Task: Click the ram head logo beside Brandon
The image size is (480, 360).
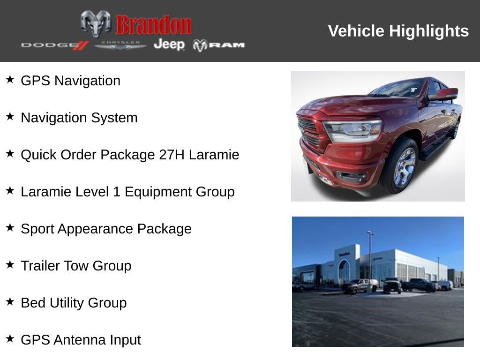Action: (x=96, y=23)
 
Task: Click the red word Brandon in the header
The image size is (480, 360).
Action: (x=154, y=25)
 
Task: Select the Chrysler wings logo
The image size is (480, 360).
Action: (x=120, y=45)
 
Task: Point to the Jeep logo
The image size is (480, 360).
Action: (x=169, y=45)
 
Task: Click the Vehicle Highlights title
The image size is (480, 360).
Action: (x=398, y=31)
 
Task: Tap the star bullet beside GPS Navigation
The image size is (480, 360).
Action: (x=10, y=80)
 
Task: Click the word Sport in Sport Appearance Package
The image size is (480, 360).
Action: (x=37, y=229)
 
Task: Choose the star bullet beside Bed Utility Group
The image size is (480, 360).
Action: (x=10, y=302)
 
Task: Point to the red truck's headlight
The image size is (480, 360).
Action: (x=352, y=130)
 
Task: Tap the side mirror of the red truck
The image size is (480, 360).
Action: (x=444, y=94)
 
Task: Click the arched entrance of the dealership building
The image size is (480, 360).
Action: (x=345, y=270)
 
